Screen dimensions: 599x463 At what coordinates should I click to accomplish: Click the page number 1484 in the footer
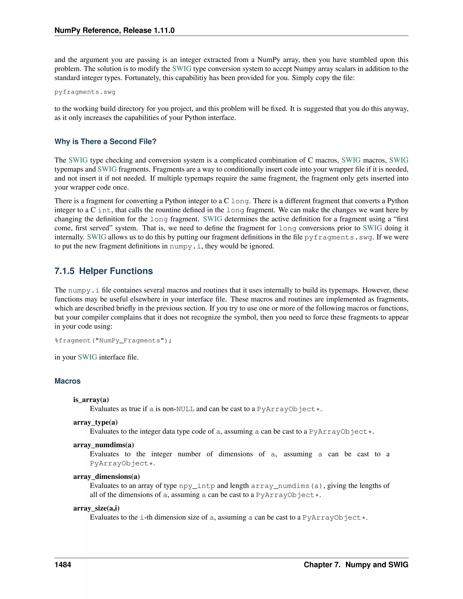[63, 565]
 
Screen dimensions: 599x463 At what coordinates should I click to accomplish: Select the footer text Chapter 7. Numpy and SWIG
[356, 565]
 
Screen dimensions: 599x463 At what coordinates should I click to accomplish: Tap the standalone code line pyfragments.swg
[85, 92]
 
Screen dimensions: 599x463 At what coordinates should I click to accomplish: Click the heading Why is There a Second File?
[105, 141]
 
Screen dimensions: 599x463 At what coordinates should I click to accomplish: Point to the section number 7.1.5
[64, 271]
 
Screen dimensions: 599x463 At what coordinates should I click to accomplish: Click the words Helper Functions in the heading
[116, 271]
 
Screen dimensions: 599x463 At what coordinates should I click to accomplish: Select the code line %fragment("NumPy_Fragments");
[113, 341]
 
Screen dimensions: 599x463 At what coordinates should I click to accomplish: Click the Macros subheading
[67, 381]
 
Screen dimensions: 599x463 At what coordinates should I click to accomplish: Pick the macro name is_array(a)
[91, 400]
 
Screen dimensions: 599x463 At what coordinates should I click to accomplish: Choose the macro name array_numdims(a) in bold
[103, 445]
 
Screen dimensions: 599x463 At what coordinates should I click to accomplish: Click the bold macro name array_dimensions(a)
[106, 476]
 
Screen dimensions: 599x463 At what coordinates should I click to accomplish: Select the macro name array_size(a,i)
[96, 508]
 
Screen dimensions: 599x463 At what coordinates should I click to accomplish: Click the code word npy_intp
[197, 486]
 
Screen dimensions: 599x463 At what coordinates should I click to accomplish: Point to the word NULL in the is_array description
[185, 409]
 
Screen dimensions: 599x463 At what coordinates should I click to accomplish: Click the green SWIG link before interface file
[87, 357]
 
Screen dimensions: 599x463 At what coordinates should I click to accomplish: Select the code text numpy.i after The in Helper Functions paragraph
[84, 290]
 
